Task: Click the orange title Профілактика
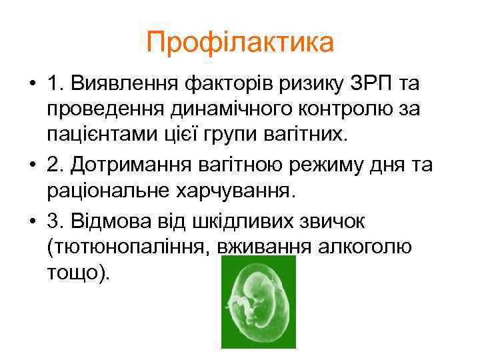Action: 240,43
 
